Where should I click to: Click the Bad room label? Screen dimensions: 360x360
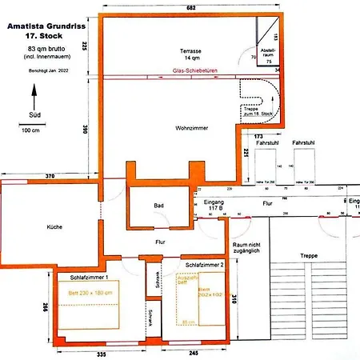pyautogui.click(x=159, y=206)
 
